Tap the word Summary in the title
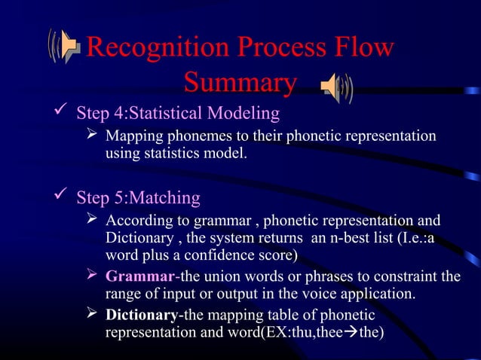tap(240, 83)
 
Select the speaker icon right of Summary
tap(336, 88)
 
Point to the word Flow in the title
tap(363, 49)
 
